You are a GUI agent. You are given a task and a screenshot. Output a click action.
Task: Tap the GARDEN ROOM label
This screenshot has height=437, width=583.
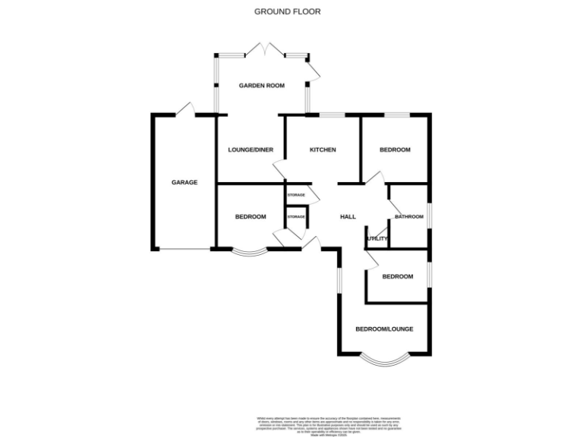click(262, 86)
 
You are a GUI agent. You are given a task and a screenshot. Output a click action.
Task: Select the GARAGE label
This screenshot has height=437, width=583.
click(184, 182)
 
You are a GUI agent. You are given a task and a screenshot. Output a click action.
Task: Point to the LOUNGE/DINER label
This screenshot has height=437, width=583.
click(251, 149)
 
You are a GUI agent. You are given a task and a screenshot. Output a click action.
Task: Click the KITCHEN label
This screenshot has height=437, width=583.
click(323, 149)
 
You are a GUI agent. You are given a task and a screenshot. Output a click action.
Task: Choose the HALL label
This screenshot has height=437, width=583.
click(348, 217)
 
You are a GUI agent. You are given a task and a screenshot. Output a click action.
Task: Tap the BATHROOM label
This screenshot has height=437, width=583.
click(408, 217)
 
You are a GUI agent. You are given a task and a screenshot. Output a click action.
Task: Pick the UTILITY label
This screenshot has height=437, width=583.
click(377, 239)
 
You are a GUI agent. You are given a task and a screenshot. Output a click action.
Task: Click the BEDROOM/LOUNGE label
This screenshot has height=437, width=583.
click(385, 329)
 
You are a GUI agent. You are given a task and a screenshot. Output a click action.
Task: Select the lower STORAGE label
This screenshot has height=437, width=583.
click(296, 217)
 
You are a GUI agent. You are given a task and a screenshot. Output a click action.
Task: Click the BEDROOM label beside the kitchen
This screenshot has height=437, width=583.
click(395, 149)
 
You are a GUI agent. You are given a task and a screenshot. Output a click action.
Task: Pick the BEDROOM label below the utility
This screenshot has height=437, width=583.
click(398, 276)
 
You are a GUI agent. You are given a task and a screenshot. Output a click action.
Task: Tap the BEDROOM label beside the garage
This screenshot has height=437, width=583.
click(251, 217)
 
